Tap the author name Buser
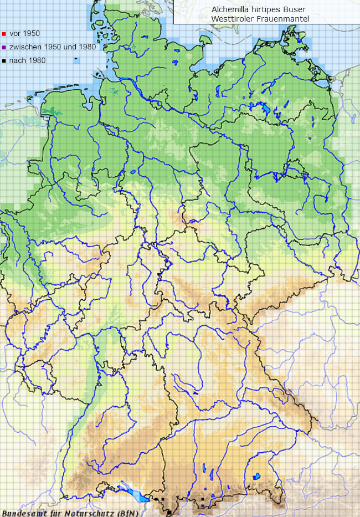click(x=294, y=9)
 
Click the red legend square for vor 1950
click(x=4, y=34)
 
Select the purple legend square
click(x=4, y=47)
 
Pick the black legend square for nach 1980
click(x=4, y=61)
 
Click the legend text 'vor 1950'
click(x=24, y=34)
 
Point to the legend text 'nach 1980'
click(x=27, y=61)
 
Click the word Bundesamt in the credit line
click(x=20, y=512)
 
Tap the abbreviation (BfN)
click(x=127, y=512)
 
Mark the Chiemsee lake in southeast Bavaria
click(x=257, y=476)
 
